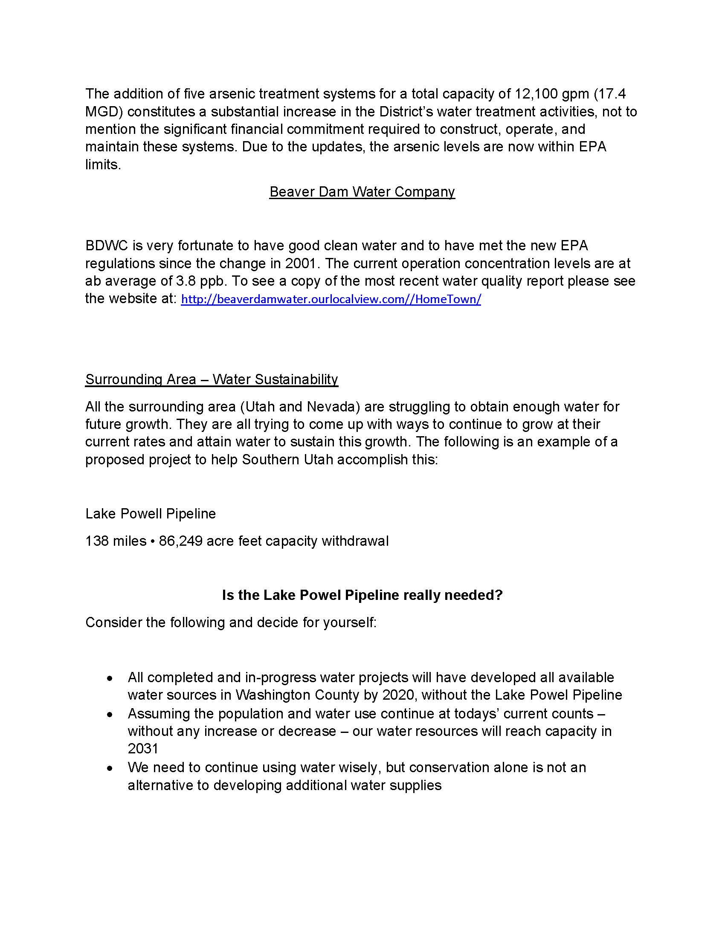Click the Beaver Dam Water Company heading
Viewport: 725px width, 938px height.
point(362,191)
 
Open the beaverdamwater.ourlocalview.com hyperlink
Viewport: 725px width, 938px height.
point(331,299)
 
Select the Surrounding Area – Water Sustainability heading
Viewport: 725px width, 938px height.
point(211,379)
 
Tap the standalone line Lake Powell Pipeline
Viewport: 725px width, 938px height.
point(150,514)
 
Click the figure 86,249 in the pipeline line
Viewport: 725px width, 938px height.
point(180,541)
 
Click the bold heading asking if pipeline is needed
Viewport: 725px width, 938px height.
point(362,595)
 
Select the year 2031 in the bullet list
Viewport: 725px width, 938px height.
point(143,749)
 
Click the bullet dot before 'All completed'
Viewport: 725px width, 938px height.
point(110,678)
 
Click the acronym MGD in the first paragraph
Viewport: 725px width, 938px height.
point(104,112)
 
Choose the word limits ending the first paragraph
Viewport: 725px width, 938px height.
point(103,165)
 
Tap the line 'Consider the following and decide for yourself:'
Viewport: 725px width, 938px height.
point(231,622)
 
